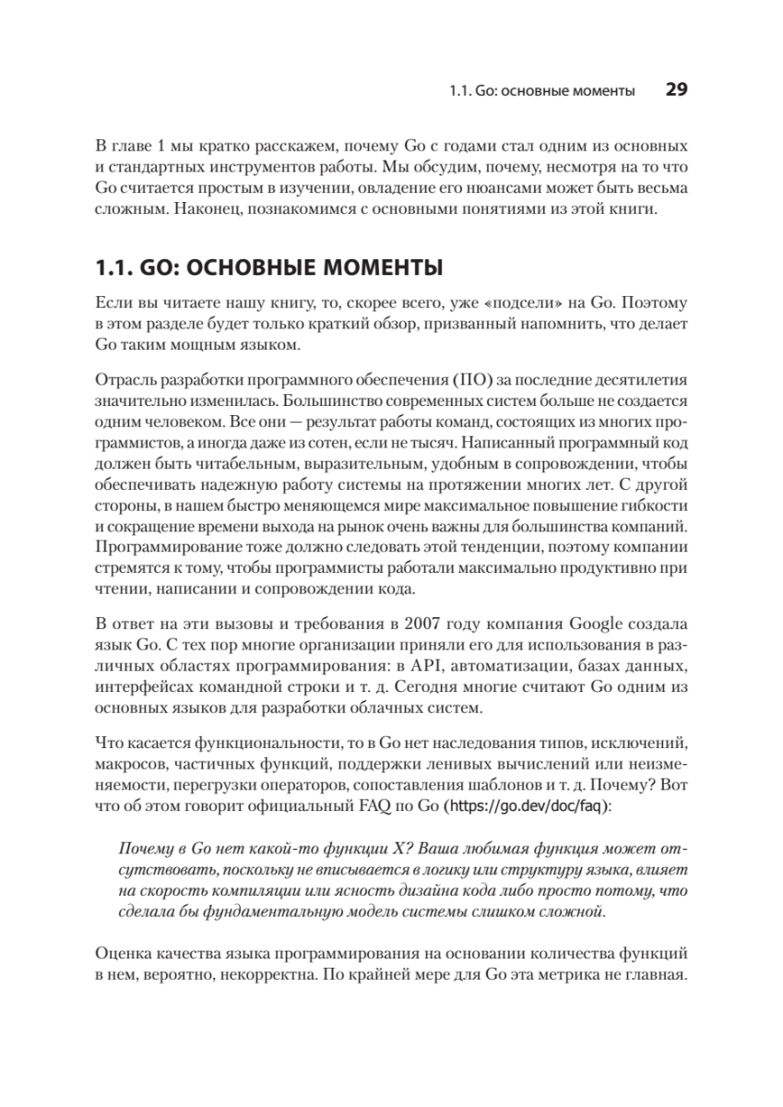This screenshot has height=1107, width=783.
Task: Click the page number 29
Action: (x=677, y=90)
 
